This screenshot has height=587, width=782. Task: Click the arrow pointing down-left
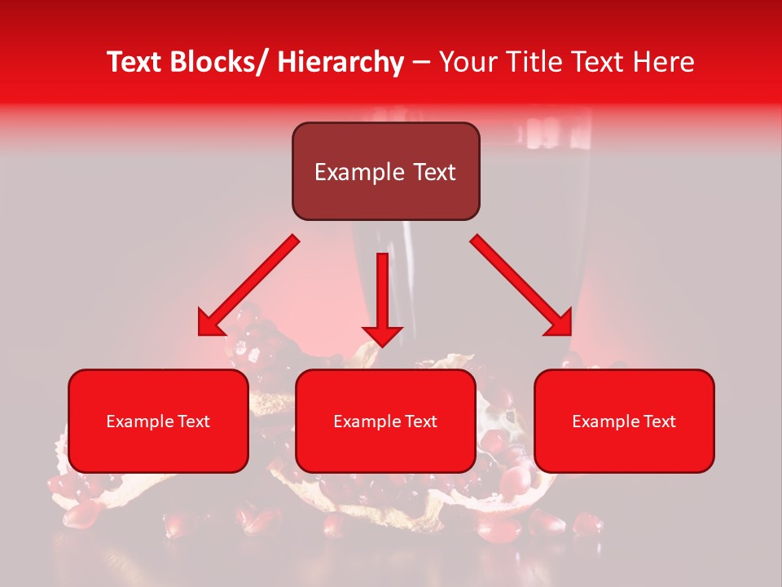point(248,285)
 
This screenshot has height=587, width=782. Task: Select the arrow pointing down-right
point(521,285)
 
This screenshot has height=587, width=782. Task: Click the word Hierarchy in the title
point(340,62)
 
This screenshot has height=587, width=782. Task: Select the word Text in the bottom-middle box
point(420,421)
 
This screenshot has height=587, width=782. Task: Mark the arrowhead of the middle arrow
point(382,335)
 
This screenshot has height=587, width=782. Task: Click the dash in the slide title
point(421,63)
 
